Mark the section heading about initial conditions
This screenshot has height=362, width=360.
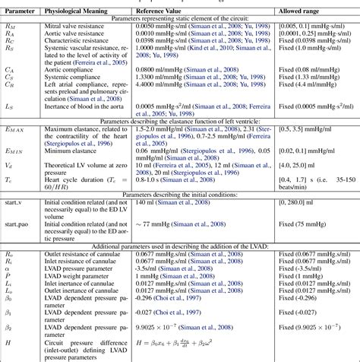[180, 194]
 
